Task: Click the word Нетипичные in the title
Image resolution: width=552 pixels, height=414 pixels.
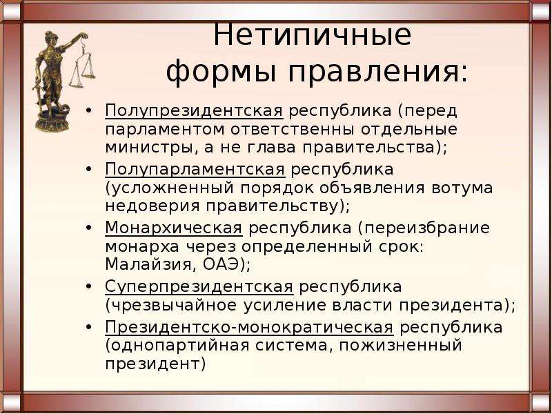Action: point(312,35)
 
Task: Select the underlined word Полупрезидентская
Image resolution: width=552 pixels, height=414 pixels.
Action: point(194,111)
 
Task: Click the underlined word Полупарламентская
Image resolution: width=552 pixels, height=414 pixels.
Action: point(195,170)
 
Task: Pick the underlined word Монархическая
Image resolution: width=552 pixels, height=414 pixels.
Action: point(174,228)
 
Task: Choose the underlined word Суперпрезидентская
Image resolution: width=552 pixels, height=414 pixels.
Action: point(199,287)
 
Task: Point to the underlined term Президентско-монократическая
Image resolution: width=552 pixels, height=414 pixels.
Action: point(249,328)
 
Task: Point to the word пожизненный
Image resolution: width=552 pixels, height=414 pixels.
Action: point(400,346)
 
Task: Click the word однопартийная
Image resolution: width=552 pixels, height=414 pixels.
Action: point(179,346)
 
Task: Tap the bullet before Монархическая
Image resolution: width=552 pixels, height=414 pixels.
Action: point(89,228)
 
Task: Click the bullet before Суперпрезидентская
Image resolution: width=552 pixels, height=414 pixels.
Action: point(89,286)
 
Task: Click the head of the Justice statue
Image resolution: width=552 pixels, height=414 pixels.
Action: point(50,38)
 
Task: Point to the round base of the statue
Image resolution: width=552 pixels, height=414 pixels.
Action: point(52,124)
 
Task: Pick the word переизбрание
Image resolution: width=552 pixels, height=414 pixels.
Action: point(424,228)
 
